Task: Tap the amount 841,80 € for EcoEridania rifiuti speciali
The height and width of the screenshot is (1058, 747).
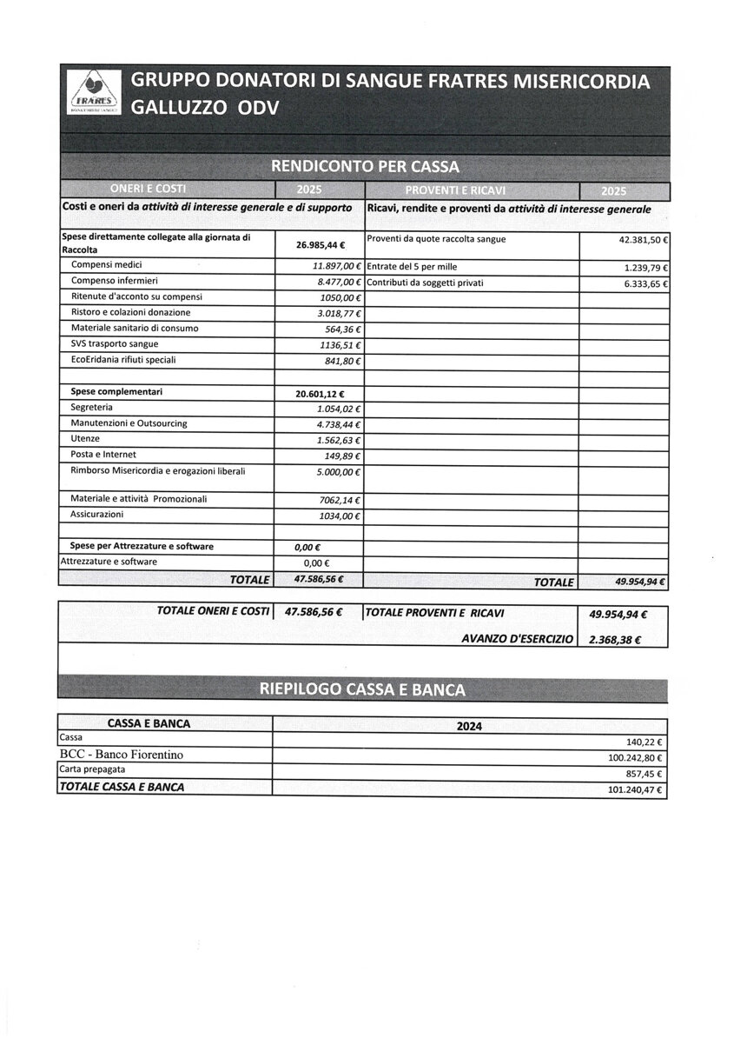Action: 342,361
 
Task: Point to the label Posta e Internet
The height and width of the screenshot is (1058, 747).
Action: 103,455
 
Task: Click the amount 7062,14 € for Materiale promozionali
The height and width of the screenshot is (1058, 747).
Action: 340,501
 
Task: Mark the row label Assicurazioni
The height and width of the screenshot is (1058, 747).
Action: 96,515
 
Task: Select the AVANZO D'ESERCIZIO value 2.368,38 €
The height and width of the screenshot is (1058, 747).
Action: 614,640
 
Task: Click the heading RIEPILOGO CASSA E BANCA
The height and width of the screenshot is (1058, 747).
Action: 362,690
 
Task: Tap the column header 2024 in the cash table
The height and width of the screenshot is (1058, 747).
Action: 469,726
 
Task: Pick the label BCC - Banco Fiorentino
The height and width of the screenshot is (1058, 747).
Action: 121,755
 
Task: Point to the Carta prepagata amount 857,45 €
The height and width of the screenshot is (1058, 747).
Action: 644,774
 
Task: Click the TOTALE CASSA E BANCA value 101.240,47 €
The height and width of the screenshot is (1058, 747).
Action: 635,790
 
